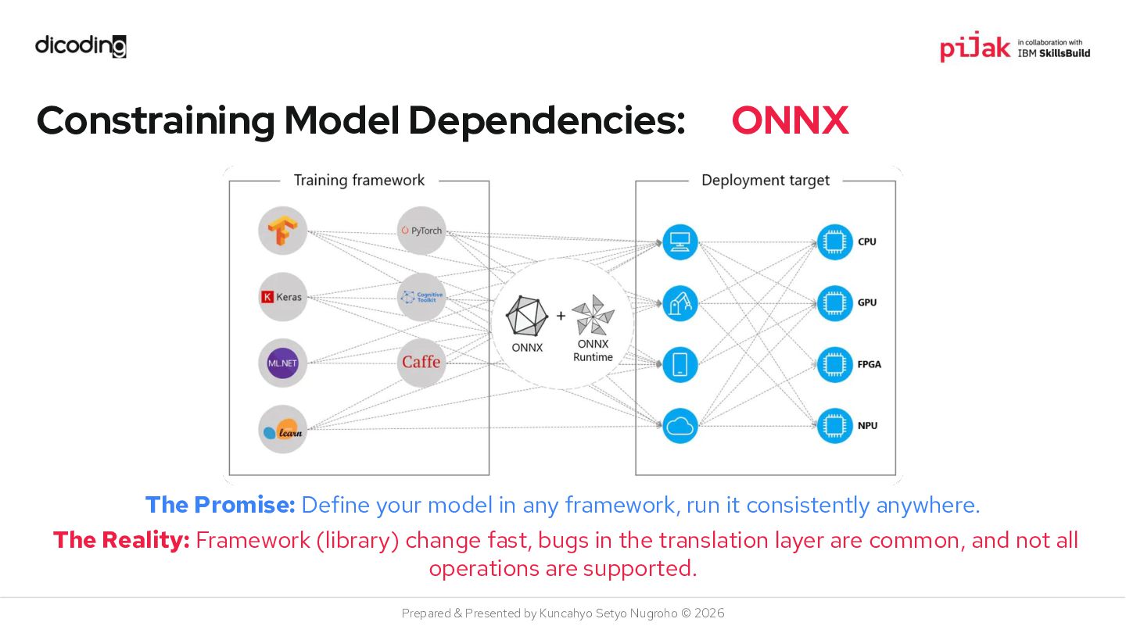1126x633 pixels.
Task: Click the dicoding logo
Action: (81, 46)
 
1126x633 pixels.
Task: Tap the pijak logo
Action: (974, 48)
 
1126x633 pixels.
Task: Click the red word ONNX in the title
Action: (790, 120)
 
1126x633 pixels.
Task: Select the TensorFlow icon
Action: (282, 231)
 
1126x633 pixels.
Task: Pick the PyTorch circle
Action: (421, 231)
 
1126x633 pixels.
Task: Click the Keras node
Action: (282, 297)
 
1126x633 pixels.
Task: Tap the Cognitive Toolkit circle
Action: (421, 297)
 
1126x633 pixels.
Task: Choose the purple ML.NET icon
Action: (282, 363)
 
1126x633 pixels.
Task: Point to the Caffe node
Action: (421, 363)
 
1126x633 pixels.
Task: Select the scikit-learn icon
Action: (282, 429)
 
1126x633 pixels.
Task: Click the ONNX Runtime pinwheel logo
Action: (593, 315)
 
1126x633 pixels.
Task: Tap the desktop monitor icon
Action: (680, 241)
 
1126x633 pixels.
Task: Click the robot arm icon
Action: (680, 303)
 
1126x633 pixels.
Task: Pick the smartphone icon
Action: (680, 364)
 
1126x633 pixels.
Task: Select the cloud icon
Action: (680, 426)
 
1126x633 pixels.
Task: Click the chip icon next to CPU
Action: (834, 241)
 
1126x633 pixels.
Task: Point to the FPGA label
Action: (869, 364)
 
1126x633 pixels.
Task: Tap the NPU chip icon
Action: (834, 426)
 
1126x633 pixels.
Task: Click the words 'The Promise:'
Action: (220, 505)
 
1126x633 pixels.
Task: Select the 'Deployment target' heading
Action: (765, 181)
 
